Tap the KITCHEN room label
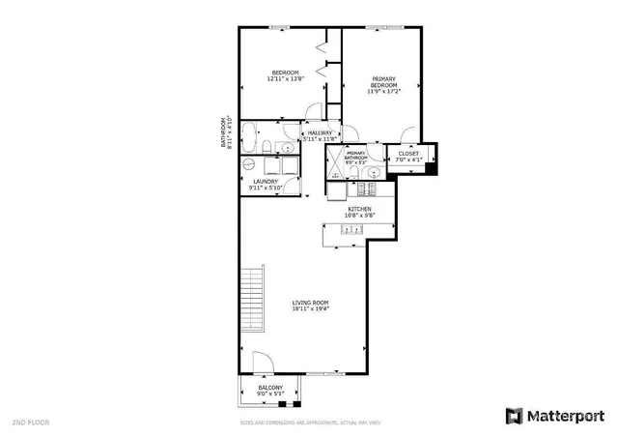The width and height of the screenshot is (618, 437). pyautogui.click(x=359, y=209)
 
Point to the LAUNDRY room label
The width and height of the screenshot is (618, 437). pyautogui.click(x=266, y=181)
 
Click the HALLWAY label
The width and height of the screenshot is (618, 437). pyautogui.click(x=320, y=132)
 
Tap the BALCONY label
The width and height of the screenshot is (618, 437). pyautogui.click(x=269, y=387)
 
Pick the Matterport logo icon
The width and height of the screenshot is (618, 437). pyautogui.click(x=513, y=416)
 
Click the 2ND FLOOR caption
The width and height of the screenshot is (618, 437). pyautogui.click(x=31, y=422)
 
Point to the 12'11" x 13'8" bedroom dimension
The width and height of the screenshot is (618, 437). pyautogui.click(x=286, y=79)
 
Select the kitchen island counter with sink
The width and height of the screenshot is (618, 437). pyautogui.click(x=358, y=229)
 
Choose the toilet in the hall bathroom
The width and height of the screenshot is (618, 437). pyautogui.click(x=267, y=148)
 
